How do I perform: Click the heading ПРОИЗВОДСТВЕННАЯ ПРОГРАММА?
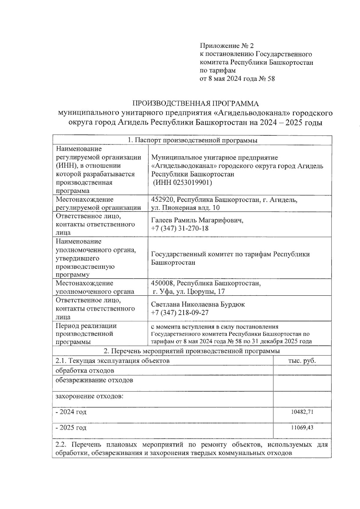pyautogui.click(x=196, y=103)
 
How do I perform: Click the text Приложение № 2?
pyautogui.click(x=226, y=46)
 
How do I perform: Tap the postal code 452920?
pyautogui.click(x=162, y=199)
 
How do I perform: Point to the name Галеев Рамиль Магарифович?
pyautogui.click(x=197, y=220)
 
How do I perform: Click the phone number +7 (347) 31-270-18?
pyautogui.click(x=180, y=228)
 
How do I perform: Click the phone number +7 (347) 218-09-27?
pyautogui.click(x=180, y=313)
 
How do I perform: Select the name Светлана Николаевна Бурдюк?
pyautogui.click(x=198, y=304)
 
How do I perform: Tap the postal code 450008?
pyautogui.click(x=162, y=283)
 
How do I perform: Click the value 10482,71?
pyautogui.click(x=302, y=412)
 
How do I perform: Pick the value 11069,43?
pyautogui.click(x=302, y=427)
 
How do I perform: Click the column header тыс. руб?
pyautogui.click(x=302, y=361)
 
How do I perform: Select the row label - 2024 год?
pyautogui.click(x=71, y=412)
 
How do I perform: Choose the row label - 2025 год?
pyautogui.click(x=71, y=427)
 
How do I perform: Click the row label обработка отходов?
pyautogui.click(x=85, y=370)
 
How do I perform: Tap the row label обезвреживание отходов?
pyautogui.click(x=94, y=380)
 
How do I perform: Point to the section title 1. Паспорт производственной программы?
pyautogui.click(x=192, y=140)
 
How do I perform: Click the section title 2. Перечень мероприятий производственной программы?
pyautogui.click(x=192, y=351)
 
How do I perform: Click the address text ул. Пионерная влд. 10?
pyautogui.click(x=185, y=208)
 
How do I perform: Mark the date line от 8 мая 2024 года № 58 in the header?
pyautogui.click(x=237, y=79)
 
